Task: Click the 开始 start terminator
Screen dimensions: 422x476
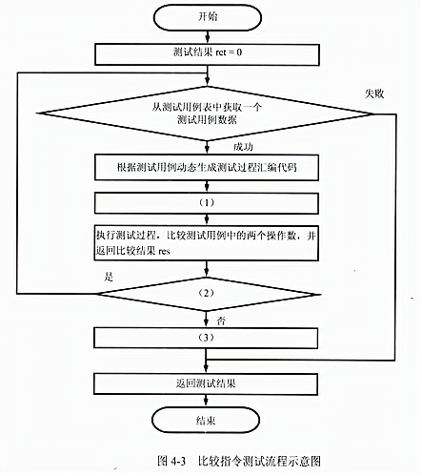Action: click(x=208, y=17)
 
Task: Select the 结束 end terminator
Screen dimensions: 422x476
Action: click(x=206, y=421)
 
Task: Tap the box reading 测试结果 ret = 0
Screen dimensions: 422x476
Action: click(x=207, y=54)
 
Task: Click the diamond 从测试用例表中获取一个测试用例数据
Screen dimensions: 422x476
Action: click(x=207, y=114)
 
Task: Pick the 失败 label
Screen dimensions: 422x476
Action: click(x=374, y=93)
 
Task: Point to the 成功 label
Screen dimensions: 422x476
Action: click(x=243, y=147)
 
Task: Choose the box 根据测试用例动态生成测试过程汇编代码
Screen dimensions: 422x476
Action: click(x=207, y=168)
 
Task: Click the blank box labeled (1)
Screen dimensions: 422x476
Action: click(x=207, y=203)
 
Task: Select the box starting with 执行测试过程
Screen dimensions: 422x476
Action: click(x=207, y=243)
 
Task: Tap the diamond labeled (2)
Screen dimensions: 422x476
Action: click(x=208, y=294)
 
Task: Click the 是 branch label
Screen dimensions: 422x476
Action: click(x=109, y=277)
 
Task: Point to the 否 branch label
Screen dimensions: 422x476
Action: click(x=221, y=321)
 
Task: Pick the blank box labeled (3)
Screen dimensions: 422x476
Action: click(x=206, y=338)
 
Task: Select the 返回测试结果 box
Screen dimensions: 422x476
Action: click(x=206, y=383)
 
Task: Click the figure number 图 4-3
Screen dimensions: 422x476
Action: click(x=171, y=461)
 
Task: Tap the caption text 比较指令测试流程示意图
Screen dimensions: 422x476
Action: click(x=259, y=461)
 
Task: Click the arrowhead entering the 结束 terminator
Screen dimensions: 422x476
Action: click(x=206, y=404)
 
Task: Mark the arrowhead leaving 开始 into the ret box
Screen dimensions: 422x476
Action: click(x=208, y=40)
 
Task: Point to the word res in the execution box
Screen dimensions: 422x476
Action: click(x=164, y=252)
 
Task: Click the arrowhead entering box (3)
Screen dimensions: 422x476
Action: click(x=206, y=324)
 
